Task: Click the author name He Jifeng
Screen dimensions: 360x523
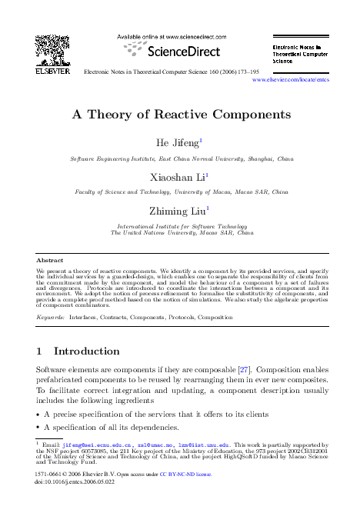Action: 178,142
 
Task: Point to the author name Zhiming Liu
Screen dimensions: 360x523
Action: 178,210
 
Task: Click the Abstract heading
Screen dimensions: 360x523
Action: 50,261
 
